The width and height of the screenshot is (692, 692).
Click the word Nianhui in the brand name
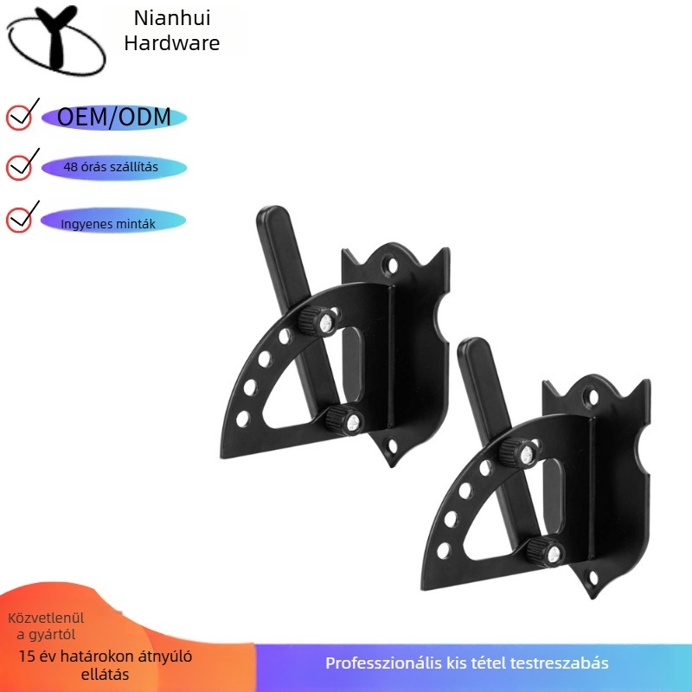(172, 18)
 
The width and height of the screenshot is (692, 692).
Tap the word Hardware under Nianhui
(172, 43)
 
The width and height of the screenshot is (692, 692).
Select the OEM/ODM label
(114, 118)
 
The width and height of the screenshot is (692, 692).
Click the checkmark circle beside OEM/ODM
(19, 118)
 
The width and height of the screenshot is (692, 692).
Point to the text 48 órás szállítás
(111, 167)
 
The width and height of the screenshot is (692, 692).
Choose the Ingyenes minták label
(108, 224)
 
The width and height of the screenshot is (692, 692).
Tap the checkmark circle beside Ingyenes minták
(19, 220)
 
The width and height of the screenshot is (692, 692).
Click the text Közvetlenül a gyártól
(46, 626)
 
